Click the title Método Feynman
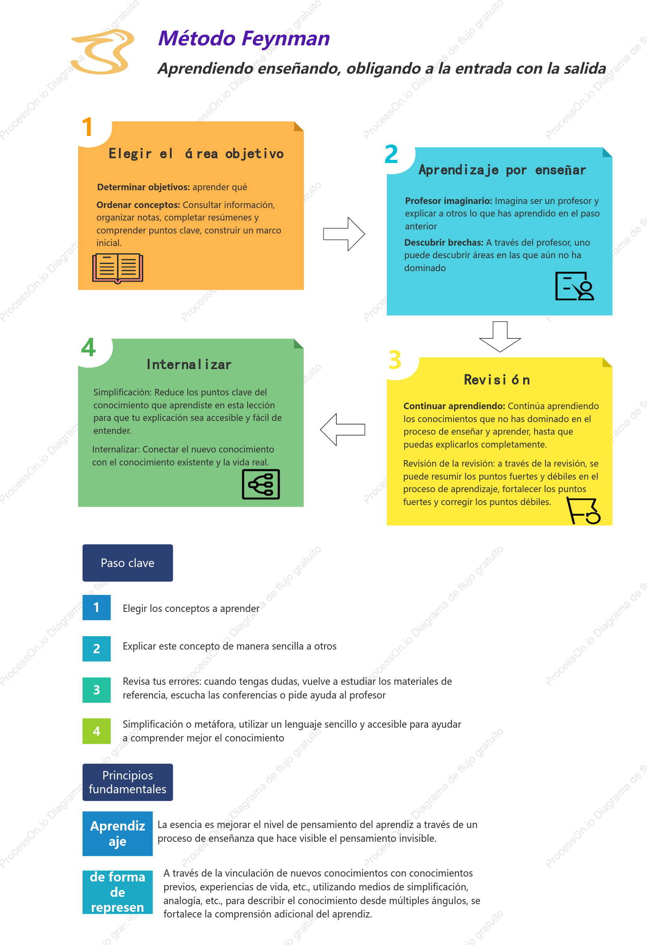click(x=244, y=38)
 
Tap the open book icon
click(x=117, y=268)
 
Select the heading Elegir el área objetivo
click(x=196, y=154)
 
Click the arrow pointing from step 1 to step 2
click(x=344, y=234)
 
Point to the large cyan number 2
click(x=391, y=154)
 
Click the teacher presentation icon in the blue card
click(x=575, y=286)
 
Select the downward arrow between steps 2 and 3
click(x=500, y=336)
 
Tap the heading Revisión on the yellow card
click(x=497, y=380)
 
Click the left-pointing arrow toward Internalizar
click(x=342, y=429)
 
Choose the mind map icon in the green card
click(x=261, y=484)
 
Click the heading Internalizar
click(x=189, y=364)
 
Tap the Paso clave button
click(x=128, y=563)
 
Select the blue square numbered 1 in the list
click(x=96, y=607)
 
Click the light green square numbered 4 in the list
click(x=96, y=731)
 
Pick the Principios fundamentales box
click(x=128, y=782)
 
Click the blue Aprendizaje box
click(x=117, y=834)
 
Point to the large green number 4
click(x=88, y=347)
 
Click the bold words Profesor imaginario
click(x=449, y=201)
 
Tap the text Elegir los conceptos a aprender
click(x=191, y=608)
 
